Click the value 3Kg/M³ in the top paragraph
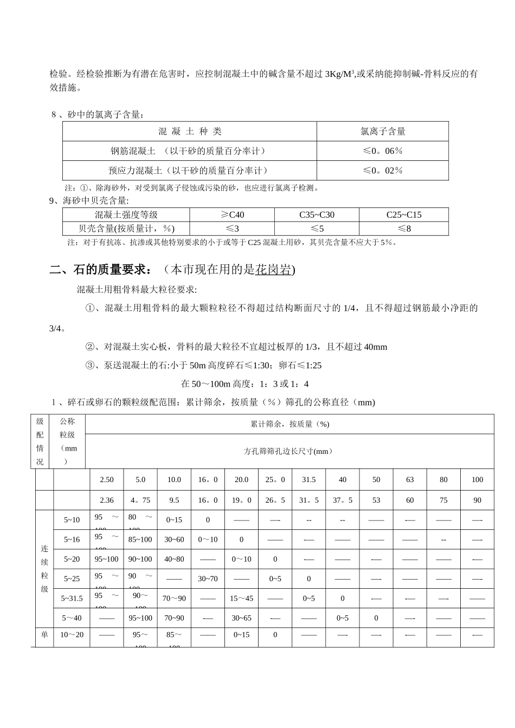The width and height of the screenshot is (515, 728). coord(339,74)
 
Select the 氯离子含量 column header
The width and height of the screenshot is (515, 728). coord(383,132)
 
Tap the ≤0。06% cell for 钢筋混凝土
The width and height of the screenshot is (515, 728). coord(383,151)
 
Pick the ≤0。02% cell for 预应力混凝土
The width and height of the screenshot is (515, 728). coord(383,171)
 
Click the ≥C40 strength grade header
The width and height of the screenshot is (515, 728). coord(232,215)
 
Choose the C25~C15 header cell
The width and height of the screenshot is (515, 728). coord(404,215)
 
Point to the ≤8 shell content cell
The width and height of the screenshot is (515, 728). coord(404,229)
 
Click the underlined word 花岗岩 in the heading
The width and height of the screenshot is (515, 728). coord(273,270)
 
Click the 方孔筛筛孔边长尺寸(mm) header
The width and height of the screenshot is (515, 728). coord(289,451)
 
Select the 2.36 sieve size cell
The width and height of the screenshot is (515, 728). coord(107,500)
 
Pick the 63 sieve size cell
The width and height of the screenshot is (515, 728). coord(410,480)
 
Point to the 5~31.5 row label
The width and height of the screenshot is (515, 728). coord(72,599)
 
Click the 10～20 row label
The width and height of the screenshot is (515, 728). coord(72,635)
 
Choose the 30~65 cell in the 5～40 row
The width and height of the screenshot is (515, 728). coord(241,618)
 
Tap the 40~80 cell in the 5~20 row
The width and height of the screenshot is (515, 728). coord(174,560)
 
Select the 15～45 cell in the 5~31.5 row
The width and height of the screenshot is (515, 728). coord(241,599)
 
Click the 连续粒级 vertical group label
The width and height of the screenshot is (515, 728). coord(44,569)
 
